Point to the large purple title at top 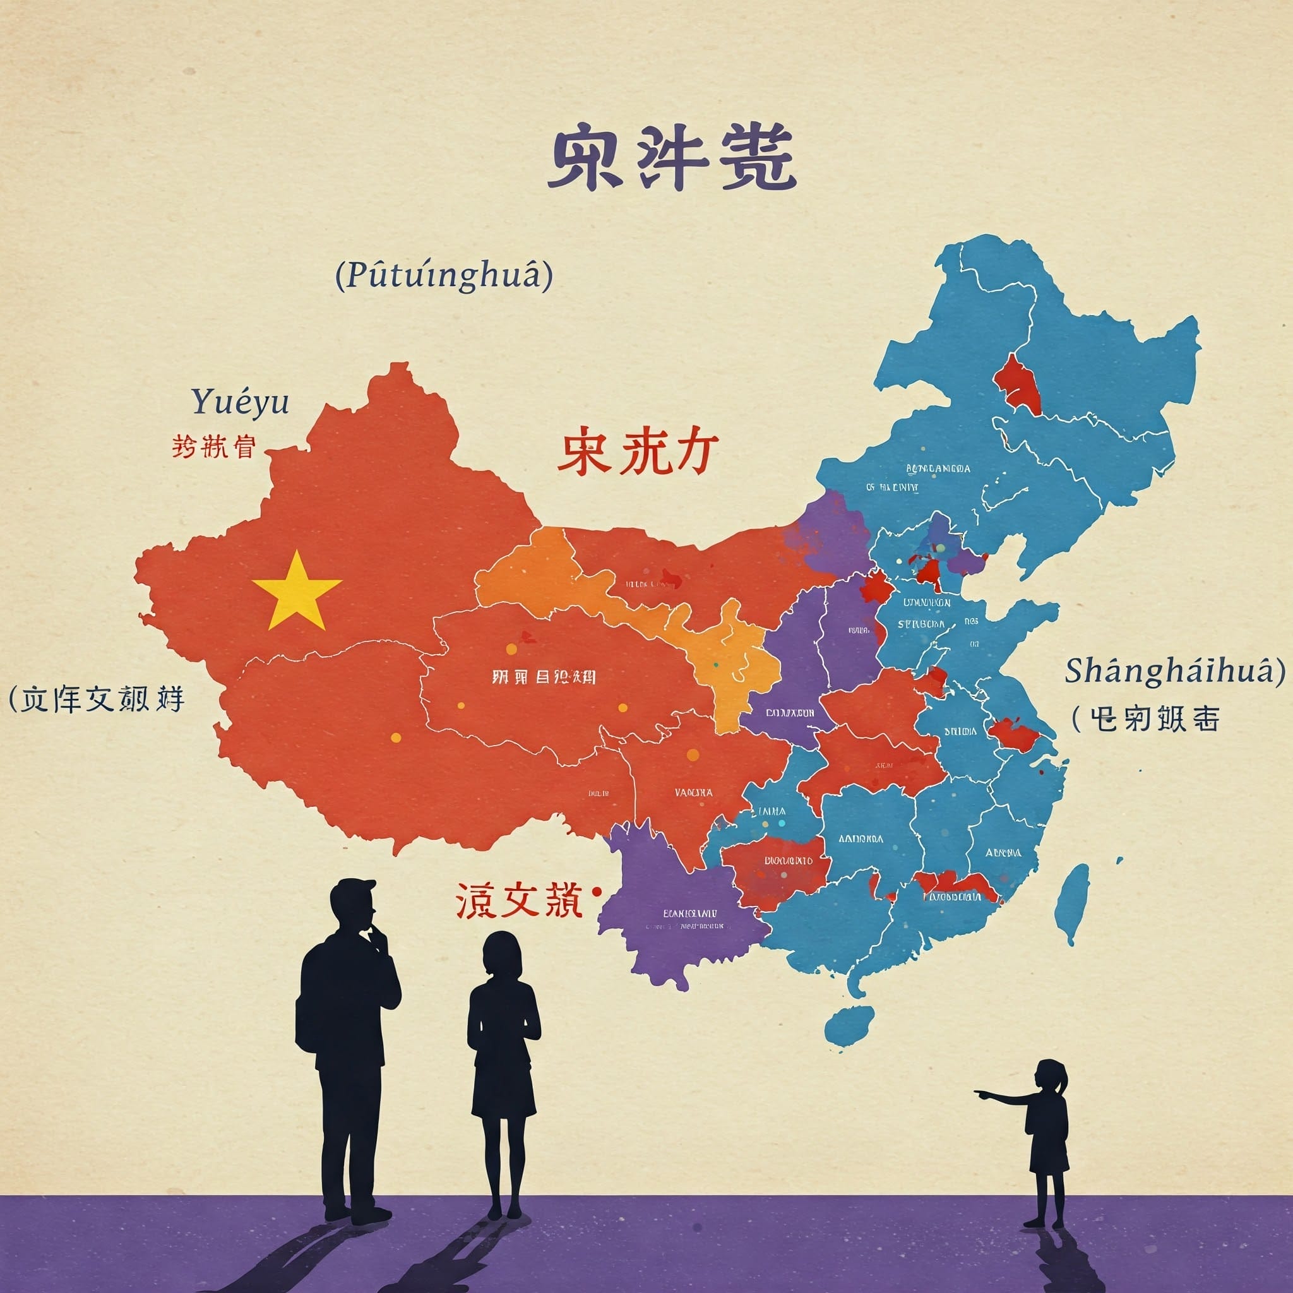point(671,158)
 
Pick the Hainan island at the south point(849,1025)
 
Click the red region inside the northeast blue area point(1017,386)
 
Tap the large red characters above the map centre point(637,452)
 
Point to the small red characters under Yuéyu point(213,446)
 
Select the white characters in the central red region point(544,677)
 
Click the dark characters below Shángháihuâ point(1145,720)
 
